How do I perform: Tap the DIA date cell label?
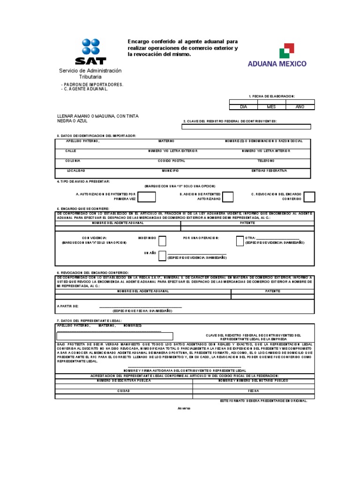[243, 107]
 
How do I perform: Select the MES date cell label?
[271, 107]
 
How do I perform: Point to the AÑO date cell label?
[300, 107]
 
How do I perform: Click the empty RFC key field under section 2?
[247, 126]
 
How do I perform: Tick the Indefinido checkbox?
[162, 241]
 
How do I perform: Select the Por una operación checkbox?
[240, 241]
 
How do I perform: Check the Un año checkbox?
[162, 255]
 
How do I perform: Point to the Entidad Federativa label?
[269, 171]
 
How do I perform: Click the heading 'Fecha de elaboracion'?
[271, 96]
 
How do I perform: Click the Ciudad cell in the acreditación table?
[123, 390]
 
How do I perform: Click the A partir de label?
[67, 306]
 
